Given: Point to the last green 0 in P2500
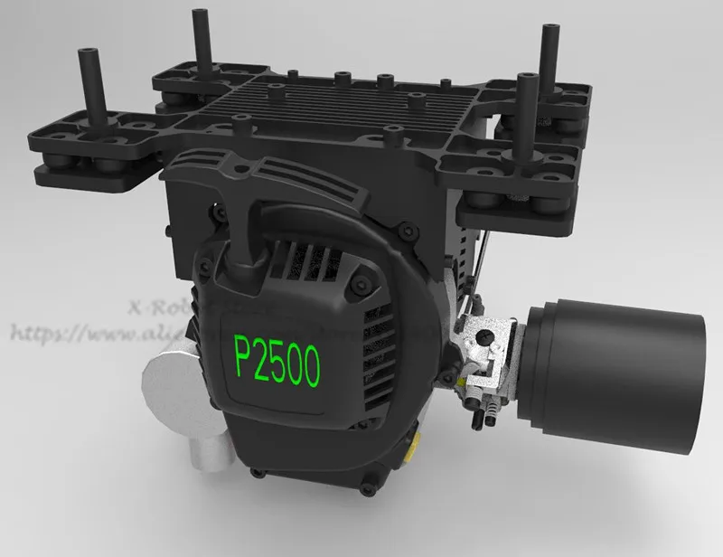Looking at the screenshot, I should tap(311, 366).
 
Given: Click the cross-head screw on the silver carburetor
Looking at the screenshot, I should tap(486, 341).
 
